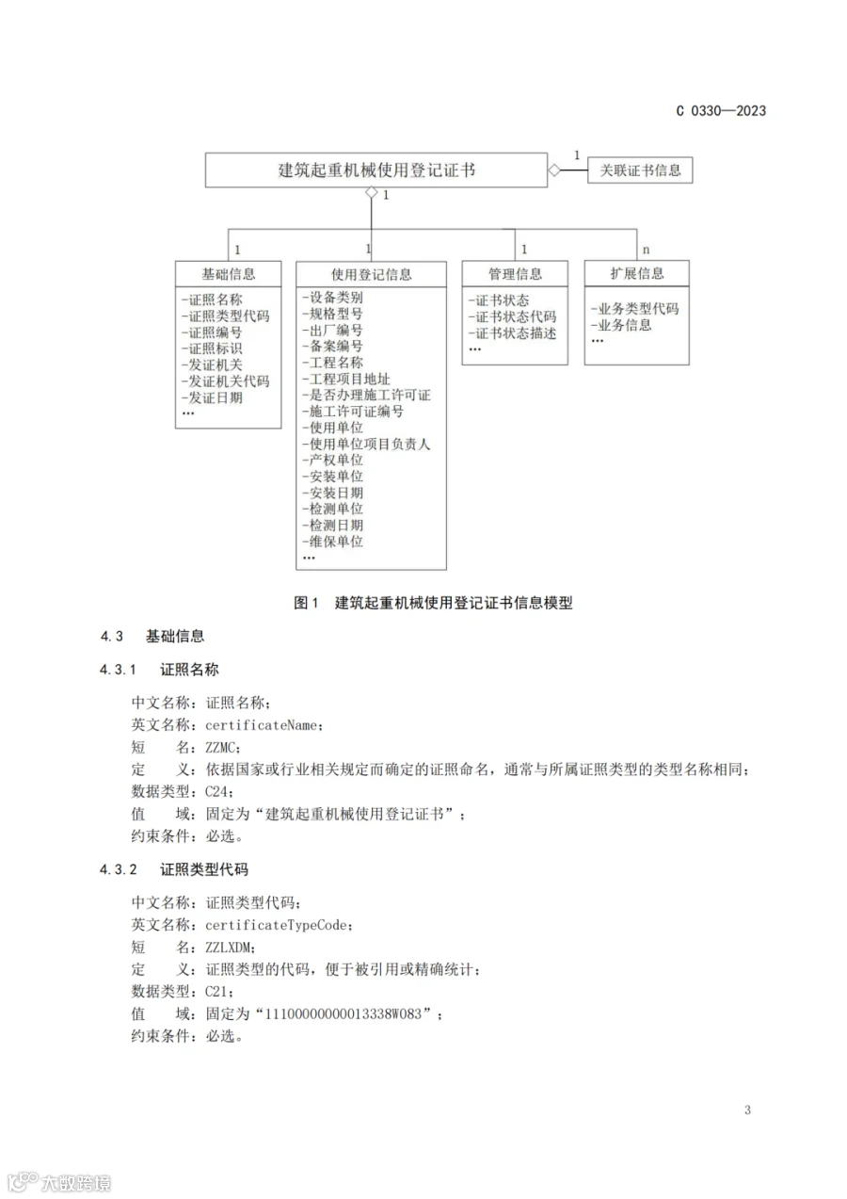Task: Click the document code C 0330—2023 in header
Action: (721, 111)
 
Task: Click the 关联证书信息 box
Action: (640, 170)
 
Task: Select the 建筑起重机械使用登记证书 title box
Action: (376, 170)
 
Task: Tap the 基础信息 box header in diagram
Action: (229, 274)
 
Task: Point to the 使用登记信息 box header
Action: (371, 275)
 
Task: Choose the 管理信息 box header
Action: (515, 274)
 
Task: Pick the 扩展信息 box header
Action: (637, 273)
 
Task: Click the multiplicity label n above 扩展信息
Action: (646, 250)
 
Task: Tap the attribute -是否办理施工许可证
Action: (366, 395)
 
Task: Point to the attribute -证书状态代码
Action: (512, 316)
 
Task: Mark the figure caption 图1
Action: (308, 603)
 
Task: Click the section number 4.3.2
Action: (119, 868)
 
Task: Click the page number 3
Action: (747, 1110)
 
